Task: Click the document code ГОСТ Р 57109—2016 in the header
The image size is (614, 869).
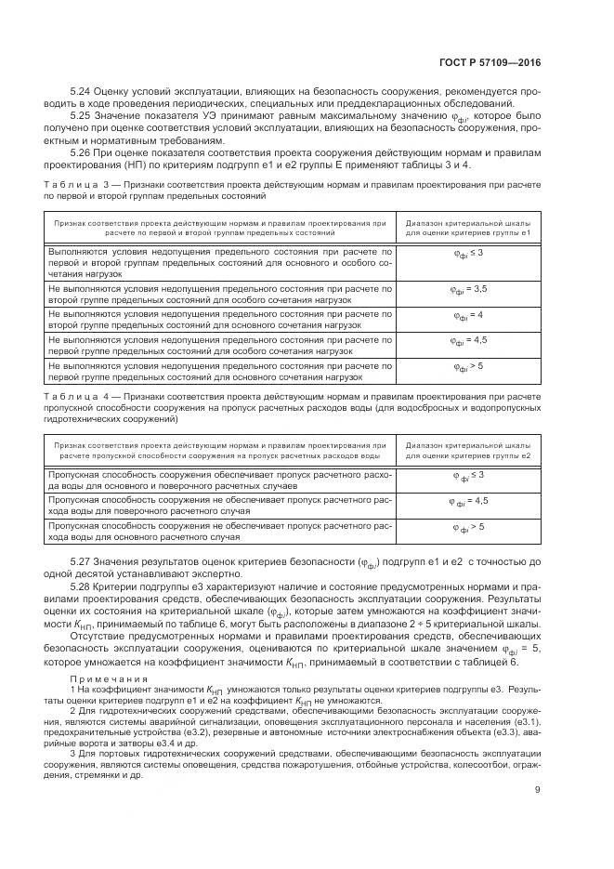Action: coord(490,63)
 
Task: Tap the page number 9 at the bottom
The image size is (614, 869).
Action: coord(538,817)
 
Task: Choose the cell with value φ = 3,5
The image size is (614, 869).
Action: coord(467,291)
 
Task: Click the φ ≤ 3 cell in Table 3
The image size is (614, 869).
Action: coord(467,255)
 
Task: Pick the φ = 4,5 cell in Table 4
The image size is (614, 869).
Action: coord(467,503)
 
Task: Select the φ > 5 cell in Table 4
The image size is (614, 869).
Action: coord(467,529)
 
